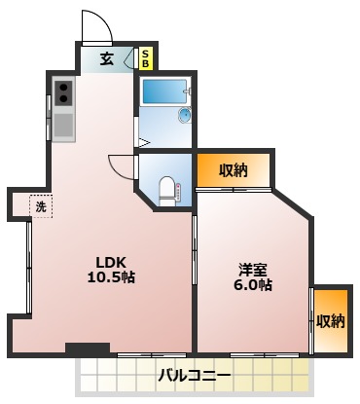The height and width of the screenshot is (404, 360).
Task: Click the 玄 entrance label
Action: pos(107,58)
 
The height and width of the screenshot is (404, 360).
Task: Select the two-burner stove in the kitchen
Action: pos(63,92)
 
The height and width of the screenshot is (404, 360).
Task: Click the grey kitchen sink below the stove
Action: pos(63,125)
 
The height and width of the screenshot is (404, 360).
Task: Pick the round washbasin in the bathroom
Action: pos(185,116)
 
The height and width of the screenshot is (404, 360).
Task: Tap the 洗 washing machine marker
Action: pos(40,205)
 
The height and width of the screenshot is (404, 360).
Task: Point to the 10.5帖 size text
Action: pos(111,277)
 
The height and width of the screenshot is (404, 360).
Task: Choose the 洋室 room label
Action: pos(253,270)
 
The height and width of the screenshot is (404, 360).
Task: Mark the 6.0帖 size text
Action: pos(253,286)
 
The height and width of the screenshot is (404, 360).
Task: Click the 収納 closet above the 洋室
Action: pos(233,170)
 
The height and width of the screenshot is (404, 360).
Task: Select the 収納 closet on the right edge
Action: pos(330,321)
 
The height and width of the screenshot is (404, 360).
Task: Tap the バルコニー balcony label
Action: pos(196,375)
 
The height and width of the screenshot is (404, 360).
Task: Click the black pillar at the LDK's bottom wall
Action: pos(87,348)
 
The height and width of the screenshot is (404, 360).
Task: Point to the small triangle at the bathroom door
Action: pos(142,144)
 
